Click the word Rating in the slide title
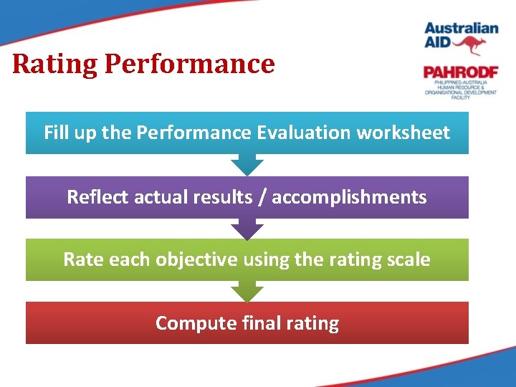55,64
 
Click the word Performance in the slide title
189,64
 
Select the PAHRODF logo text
459,73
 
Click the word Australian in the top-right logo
461,29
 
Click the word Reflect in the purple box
94,197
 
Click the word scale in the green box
410,259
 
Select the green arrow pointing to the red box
247,292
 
